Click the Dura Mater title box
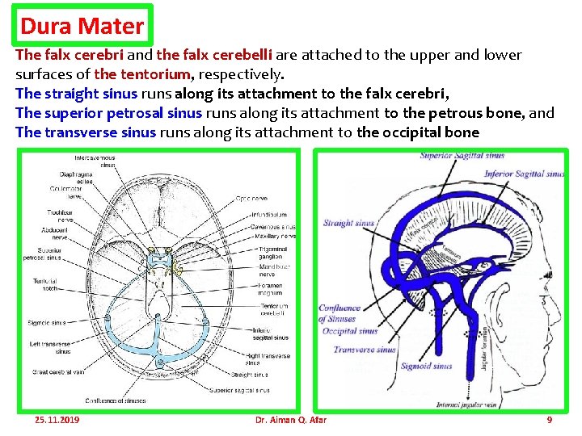point(82,26)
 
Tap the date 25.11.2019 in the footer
point(57,420)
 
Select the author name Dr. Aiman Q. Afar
point(290,420)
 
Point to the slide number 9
point(550,420)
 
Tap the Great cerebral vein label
point(59,372)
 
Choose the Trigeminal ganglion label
point(271,253)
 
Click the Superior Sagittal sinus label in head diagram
point(462,156)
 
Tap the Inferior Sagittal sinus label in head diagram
point(523,174)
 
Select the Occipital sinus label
point(350,331)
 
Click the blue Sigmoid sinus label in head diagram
point(426,366)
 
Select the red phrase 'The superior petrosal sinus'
point(108,113)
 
